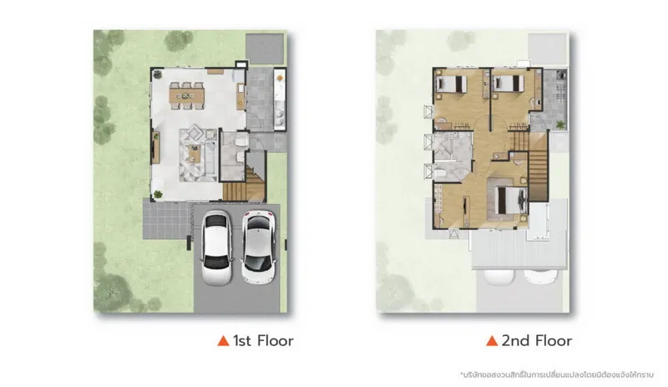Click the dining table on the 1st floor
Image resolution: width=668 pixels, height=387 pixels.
pyautogui.click(x=186, y=96)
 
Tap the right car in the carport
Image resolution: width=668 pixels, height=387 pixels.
pyautogui.click(x=258, y=247)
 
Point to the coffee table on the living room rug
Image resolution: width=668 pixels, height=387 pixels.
pyautogui.click(x=195, y=153)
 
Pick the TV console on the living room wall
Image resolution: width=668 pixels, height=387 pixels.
pyautogui.click(x=156, y=147)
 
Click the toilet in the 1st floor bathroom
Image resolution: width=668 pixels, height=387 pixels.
pyautogui.click(x=241, y=140)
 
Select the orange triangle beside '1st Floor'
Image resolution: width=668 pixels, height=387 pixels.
pyautogui.click(x=223, y=340)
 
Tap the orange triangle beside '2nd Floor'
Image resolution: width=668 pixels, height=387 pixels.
pyautogui.click(x=492, y=340)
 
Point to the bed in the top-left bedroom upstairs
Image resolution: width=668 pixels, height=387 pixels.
pyautogui.click(x=451, y=84)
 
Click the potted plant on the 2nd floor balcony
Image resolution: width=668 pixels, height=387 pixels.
pyautogui.click(x=560, y=125)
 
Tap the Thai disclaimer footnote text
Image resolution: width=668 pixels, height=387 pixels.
pyautogui.click(x=557, y=374)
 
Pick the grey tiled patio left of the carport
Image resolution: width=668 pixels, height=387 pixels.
pyautogui.click(x=166, y=220)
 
